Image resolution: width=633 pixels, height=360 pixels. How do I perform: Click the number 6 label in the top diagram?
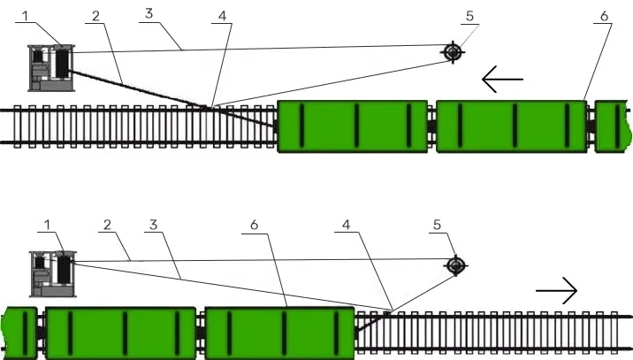tap(604, 15)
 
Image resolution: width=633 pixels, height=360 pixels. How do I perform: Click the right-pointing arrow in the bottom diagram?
tap(557, 290)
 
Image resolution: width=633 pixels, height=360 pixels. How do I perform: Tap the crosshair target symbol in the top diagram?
tap(453, 52)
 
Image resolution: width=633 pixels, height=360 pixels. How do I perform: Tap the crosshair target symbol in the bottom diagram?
tap(455, 264)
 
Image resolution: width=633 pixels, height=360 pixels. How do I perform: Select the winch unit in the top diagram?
tap(50, 67)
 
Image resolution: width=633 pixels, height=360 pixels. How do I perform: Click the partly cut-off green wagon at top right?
tap(613, 126)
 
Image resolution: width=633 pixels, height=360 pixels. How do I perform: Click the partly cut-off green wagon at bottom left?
tap(19, 333)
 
